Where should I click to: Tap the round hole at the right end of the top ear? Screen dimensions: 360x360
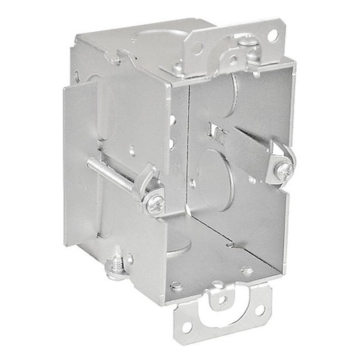click(273, 36)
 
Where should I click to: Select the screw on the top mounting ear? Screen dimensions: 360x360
click(249, 40)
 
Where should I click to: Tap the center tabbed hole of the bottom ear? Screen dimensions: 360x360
click(221, 303)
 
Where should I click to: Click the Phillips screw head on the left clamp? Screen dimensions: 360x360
click(154, 204)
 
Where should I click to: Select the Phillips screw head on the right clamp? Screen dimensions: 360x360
click(286, 170)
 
